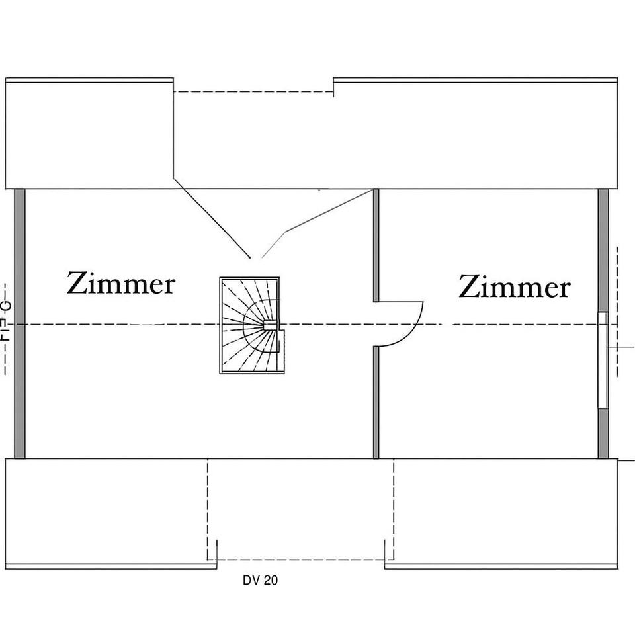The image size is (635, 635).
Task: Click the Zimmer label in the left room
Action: [121, 284]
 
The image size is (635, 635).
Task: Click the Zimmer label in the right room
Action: [514, 288]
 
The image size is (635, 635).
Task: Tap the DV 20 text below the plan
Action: [260, 581]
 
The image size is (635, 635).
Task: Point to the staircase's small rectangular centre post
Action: [271, 325]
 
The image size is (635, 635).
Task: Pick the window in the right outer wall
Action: [603, 360]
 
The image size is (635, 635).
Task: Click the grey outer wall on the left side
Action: [20, 323]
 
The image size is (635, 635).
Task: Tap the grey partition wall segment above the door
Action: [376, 245]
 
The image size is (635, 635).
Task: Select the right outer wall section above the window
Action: [603, 249]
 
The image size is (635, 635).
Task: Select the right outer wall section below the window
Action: [603, 434]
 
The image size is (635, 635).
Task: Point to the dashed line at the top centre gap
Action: [253, 92]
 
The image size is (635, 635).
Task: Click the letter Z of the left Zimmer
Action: [77, 284]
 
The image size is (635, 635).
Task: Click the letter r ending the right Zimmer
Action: [564, 289]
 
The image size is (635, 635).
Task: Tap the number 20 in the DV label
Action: [270, 581]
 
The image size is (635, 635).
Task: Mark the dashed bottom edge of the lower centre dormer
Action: [301, 559]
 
